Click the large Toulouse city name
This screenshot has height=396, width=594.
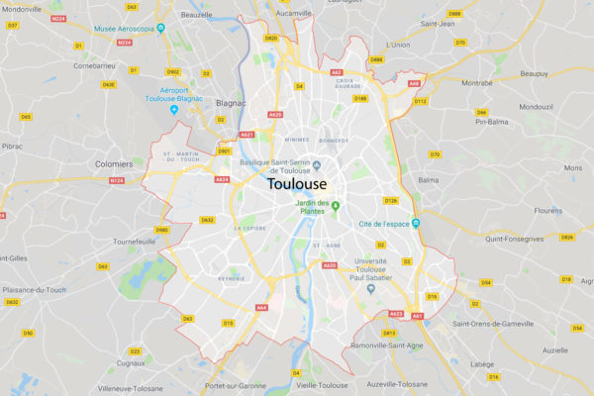[x=297, y=183]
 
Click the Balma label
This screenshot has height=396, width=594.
[x=428, y=180]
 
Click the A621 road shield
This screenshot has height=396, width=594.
[x=247, y=135]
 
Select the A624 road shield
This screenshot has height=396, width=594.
[x=222, y=179]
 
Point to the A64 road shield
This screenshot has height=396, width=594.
[x=261, y=308]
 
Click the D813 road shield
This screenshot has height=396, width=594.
[x=388, y=333]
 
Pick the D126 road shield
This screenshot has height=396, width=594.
[x=391, y=201]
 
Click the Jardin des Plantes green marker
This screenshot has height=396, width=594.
[x=336, y=207]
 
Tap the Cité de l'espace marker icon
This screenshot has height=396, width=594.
[x=417, y=224]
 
